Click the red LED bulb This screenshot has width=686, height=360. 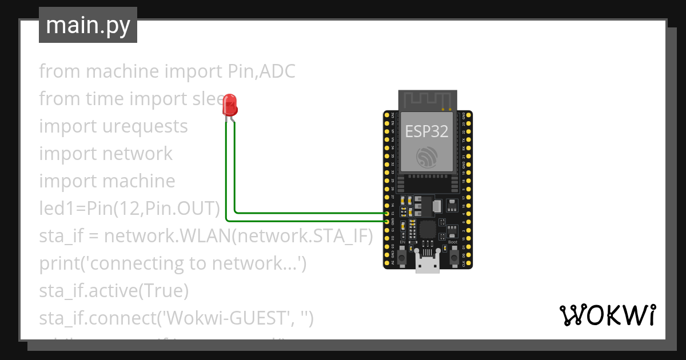[x=230, y=105]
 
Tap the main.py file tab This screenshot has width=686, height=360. [x=88, y=26]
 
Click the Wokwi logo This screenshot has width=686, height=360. [x=607, y=315]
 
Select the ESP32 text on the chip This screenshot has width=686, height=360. [x=426, y=131]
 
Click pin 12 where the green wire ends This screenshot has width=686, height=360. [x=387, y=213]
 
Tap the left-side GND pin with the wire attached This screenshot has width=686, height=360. [x=387, y=221]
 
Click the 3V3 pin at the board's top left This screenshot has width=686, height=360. [x=387, y=116]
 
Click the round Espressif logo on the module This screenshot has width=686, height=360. [x=427, y=157]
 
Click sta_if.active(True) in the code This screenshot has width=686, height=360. [x=114, y=291]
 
